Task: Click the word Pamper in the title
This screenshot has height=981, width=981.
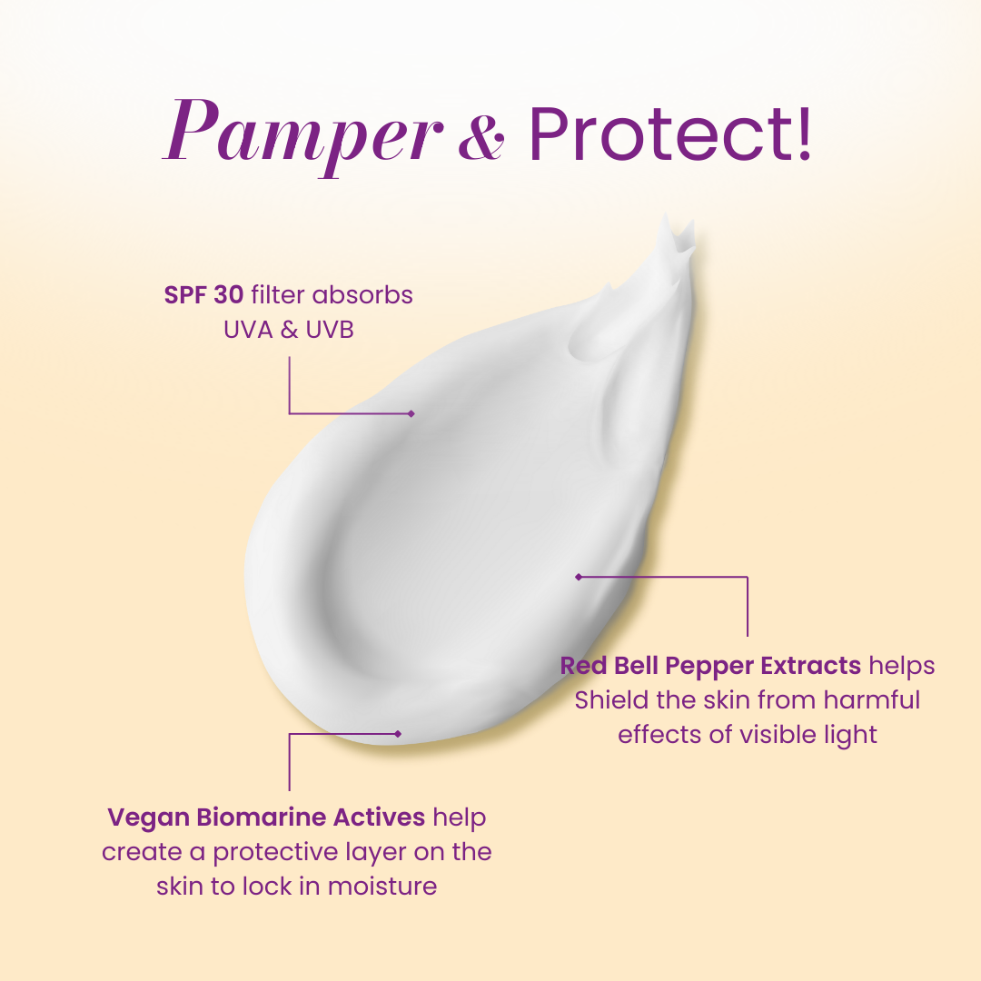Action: coord(302,135)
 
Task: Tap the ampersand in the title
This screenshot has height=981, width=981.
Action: coord(481,138)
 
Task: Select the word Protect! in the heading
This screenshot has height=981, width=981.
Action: coord(670,134)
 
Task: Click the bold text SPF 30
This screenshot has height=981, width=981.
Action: coord(203,294)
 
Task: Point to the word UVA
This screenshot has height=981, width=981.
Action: coord(248,330)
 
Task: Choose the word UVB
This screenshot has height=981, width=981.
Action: coord(330,330)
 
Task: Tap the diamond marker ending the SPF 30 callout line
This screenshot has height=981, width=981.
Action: coord(411,413)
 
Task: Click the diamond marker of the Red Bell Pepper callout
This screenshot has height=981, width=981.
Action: coord(579,577)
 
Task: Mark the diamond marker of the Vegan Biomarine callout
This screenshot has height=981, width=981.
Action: coord(398,734)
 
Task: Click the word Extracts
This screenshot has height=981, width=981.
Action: coord(811,666)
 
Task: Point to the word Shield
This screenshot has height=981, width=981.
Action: coord(612,700)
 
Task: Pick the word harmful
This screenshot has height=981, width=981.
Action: coord(871,700)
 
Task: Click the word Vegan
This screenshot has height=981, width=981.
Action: coord(148,817)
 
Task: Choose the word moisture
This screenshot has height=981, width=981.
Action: coord(382,887)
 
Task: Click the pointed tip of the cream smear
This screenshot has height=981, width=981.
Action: coord(666,215)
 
